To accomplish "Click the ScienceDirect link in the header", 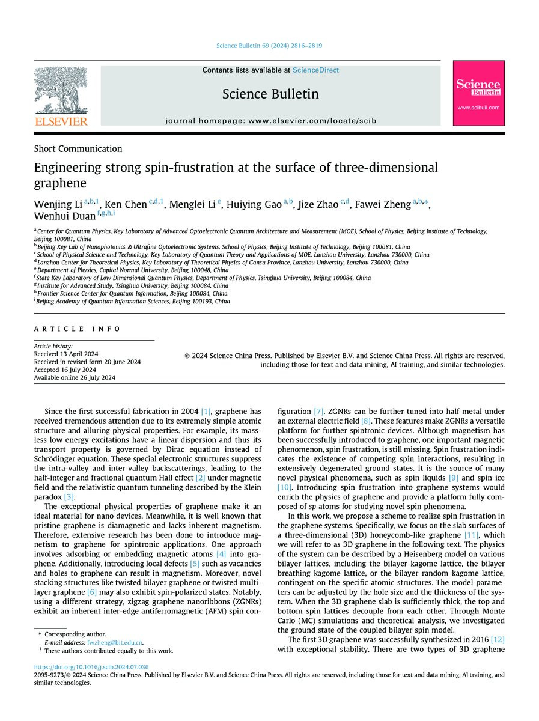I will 315,70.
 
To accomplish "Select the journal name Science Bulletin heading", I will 270,94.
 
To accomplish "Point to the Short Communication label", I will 78,149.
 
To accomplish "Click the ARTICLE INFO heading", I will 78,329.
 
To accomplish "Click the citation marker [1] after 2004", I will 206,412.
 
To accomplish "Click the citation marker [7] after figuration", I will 318,412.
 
